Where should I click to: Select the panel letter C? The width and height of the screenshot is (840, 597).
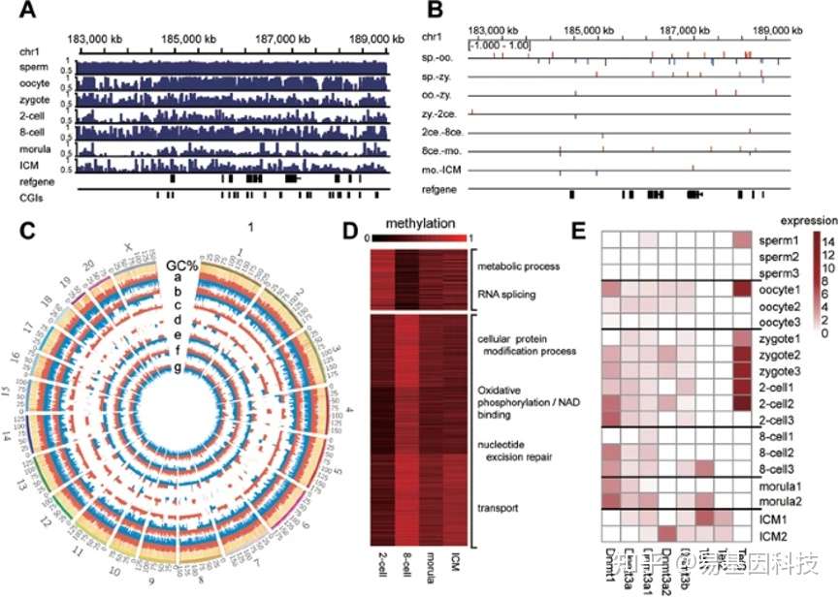[27, 233]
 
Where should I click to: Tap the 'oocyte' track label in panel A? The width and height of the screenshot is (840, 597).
[36, 83]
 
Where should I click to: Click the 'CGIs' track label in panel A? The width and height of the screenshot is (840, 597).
[32, 197]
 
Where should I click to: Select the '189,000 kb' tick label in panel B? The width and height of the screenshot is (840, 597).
[765, 30]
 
